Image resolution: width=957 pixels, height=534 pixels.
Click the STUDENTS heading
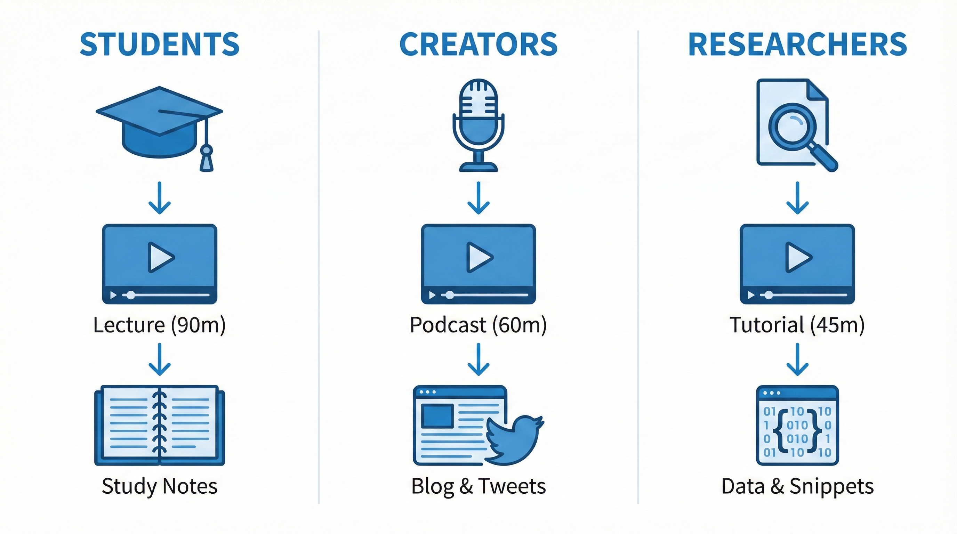[x=159, y=44]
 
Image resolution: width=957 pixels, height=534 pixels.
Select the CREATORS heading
[x=478, y=44]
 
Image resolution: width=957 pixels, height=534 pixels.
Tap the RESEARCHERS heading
[x=798, y=44]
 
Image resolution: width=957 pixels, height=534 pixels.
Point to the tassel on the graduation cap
[x=207, y=158]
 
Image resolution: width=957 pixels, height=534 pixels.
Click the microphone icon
[x=478, y=125]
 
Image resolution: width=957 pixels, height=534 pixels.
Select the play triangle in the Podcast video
[x=480, y=257]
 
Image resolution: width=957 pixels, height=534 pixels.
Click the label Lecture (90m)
[x=159, y=325]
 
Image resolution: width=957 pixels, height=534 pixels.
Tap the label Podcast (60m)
[x=478, y=325]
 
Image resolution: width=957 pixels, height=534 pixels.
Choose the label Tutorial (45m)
[x=797, y=325]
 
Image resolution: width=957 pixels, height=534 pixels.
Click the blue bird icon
[x=515, y=440]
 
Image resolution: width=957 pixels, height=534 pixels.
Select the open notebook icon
[x=160, y=426]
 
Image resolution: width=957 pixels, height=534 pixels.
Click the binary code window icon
[x=798, y=426]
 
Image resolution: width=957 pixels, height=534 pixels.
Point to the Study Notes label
[x=160, y=487]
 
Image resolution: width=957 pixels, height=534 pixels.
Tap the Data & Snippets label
[x=798, y=487]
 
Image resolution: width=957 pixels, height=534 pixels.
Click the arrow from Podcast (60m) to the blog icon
[x=478, y=359]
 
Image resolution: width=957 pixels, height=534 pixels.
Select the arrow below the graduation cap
[x=160, y=198]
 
